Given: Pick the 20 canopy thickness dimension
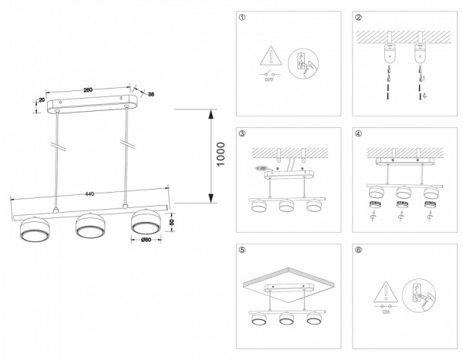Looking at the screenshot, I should pos(39,100).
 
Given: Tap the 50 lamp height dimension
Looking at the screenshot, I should pos(173,222).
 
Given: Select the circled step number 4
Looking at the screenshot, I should pos(357,133).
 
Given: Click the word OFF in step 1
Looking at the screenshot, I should pos(270,79).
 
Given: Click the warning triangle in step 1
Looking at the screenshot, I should pos(270,54).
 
